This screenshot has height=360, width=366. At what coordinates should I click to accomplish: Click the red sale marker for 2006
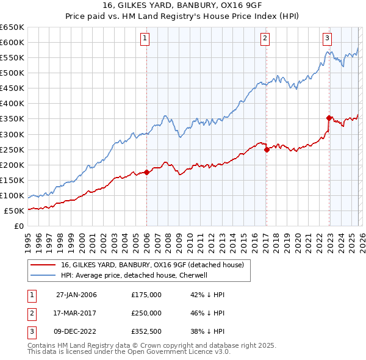tap(146, 172)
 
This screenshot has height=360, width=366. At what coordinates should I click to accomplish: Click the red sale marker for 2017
tap(267, 149)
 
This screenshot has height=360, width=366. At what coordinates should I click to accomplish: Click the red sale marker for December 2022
tap(329, 118)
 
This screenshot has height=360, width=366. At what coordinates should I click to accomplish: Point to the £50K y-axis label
tap(14, 211)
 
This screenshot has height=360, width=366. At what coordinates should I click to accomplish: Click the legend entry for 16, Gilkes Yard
tap(152, 265)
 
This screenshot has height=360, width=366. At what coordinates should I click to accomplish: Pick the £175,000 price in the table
tap(146, 295)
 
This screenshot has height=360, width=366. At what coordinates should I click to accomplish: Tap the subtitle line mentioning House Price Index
tap(183, 18)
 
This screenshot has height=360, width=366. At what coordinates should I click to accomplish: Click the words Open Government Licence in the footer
tap(183, 352)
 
